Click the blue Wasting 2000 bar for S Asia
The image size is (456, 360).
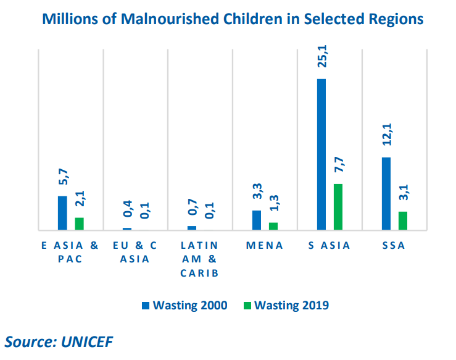point(321,154)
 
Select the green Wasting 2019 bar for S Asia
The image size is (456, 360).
point(338,207)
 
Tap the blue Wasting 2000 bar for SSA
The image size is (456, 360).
point(386,194)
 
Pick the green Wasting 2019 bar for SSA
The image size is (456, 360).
point(403,221)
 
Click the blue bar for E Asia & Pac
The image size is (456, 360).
point(62,213)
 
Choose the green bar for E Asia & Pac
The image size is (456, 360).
point(79,224)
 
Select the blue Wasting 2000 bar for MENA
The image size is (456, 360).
point(257,220)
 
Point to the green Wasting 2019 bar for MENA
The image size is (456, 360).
point(273,227)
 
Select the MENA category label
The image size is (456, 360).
point(265,246)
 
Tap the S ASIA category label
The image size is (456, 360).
point(330,246)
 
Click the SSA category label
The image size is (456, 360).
point(394,246)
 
